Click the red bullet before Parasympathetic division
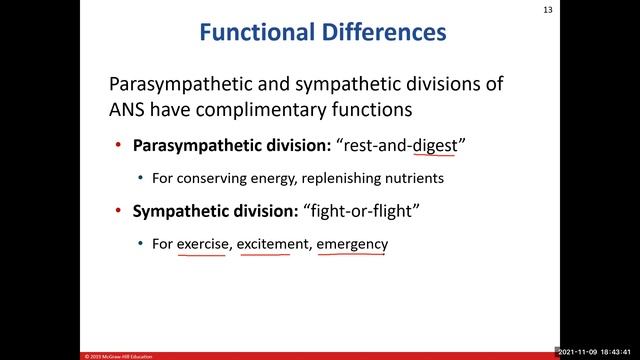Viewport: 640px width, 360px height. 120,146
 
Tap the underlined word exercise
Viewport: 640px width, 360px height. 202,243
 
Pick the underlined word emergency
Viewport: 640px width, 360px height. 352,243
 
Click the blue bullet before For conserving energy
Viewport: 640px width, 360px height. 141,178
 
